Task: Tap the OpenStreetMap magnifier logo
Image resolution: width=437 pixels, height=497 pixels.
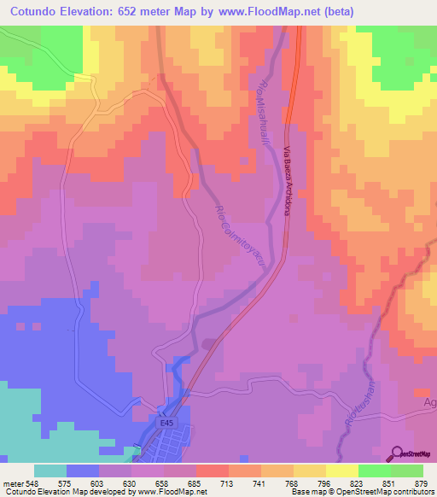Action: click(399, 453)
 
